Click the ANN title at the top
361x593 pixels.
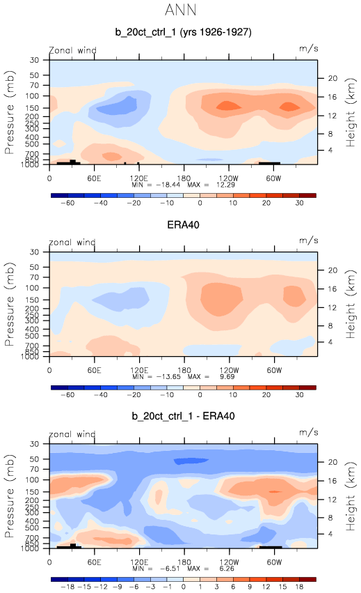click(x=181, y=10)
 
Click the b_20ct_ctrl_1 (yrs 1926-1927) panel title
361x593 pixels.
click(x=183, y=32)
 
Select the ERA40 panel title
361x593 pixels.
click(x=183, y=224)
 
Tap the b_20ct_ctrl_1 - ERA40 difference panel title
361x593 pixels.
click(x=183, y=416)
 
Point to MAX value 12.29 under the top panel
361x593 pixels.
click(x=225, y=185)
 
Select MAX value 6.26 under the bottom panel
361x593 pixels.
click(x=227, y=569)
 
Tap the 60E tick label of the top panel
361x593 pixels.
click(x=94, y=178)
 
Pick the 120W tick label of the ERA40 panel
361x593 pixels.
click(x=229, y=370)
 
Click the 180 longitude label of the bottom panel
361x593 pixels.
click(x=184, y=562)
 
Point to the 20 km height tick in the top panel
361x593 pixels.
click(x=332, y=78)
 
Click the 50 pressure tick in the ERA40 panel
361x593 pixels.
click(x=34, y=267)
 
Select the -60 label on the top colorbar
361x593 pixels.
click(x=67, y=203)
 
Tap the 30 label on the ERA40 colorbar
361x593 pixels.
click(x=300, y=394)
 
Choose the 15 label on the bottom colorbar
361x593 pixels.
click(x=283, y=587)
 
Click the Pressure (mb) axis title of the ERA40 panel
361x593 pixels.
click(x=10, y=304)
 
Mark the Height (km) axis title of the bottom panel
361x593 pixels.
click(x=351, y=495)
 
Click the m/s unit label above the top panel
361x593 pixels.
click(x=309, y=49)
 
